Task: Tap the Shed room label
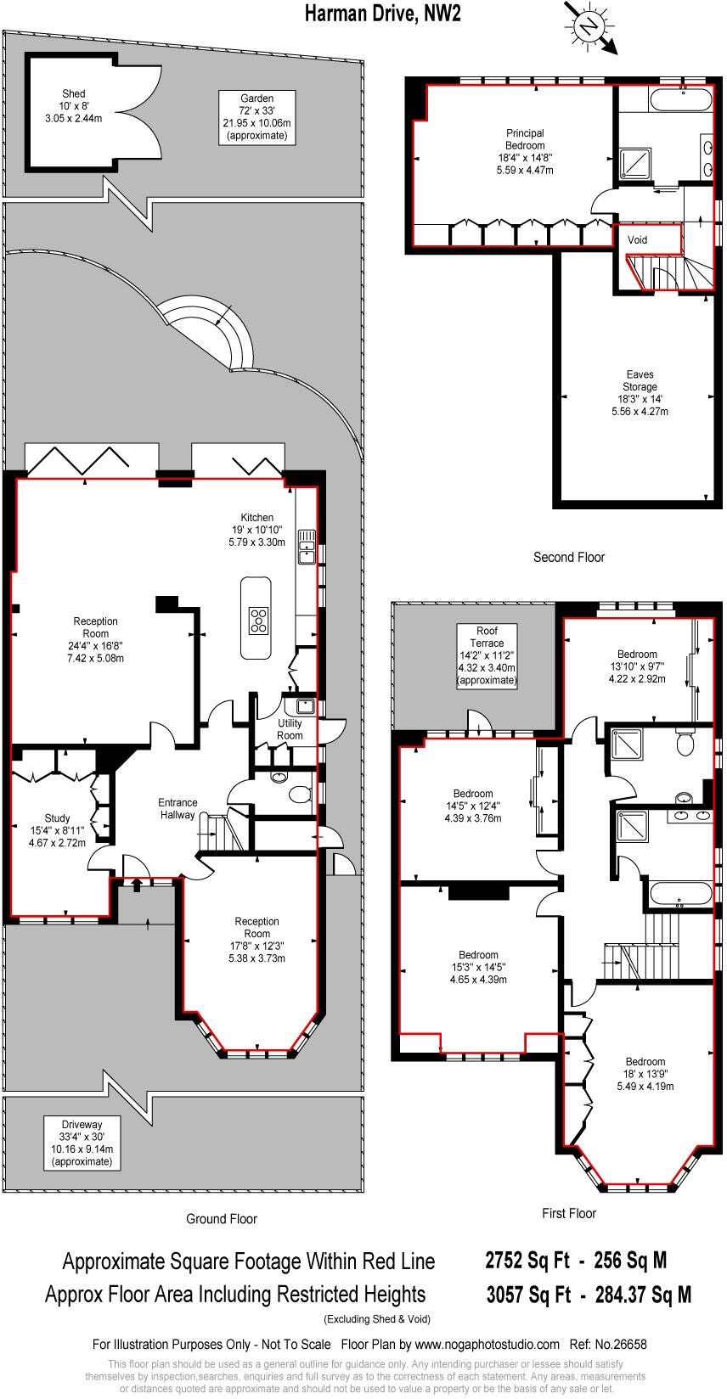(73, 106)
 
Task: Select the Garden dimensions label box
(256, 116)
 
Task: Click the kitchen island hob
(257, 621)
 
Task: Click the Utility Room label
(290, 729)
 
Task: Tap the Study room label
(57, 831)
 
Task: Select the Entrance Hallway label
(178, 808)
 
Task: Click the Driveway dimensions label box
(82, 1143)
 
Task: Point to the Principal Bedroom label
(525, 151)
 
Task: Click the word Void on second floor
(637, 240)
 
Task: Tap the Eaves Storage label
(640, 392)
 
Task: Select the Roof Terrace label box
(487, 655)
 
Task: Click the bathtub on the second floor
(681, 98)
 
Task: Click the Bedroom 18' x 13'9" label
(645, 1074)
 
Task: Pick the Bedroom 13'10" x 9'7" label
(637, 666)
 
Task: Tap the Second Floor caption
(568, 558)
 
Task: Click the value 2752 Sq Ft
(527, 1261)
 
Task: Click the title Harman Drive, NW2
(383, 13)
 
